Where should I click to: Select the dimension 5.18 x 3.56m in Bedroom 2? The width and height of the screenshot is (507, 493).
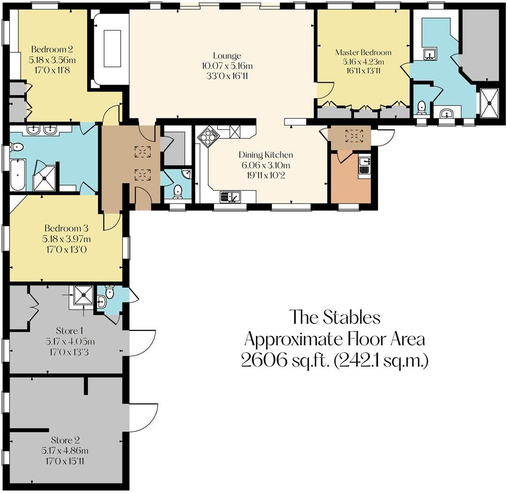pyautogui.click(x=52, y=60)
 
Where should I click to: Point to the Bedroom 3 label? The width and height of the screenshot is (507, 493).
pyautogui.click(x=66, y=228)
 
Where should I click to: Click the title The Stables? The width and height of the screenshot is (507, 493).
pyautogui.click(x=334, y=317)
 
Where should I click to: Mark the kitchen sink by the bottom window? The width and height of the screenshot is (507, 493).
pyautogui.click(x=230, y=197)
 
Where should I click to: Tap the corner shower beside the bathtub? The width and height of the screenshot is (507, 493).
pyautogui.click(x=45, y=177)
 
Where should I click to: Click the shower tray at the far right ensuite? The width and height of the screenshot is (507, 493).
pyautogui.click(x=489, y=102)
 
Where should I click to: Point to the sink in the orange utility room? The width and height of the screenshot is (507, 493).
pyautogui.click(x=364, y=166)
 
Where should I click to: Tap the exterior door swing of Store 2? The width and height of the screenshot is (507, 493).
pyautogui.click(x=142, y=416)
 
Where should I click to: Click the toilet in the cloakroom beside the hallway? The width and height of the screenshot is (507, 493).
pyautogui.click(x=178, y=191)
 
